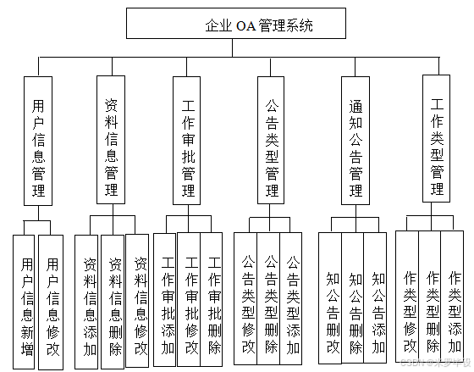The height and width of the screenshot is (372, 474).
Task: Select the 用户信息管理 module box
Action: (x=39, y=140)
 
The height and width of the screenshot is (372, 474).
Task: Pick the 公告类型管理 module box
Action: (x=272, y=140)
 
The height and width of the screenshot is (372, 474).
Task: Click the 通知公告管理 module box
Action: (x=356, y=140)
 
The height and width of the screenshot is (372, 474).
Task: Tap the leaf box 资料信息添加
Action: (x=89, y=301)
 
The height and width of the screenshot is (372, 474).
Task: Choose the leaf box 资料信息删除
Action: (x=114, y=301)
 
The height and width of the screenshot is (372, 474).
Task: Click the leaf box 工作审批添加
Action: (x=167, y=301)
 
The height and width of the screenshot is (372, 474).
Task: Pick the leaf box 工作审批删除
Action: (x=213, y=301)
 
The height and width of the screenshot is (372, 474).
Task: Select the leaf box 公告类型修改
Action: (x=246, y=298)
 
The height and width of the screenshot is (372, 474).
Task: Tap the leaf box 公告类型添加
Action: (x=291, y=298)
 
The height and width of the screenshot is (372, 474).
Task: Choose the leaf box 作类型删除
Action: (x=432, y=298)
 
